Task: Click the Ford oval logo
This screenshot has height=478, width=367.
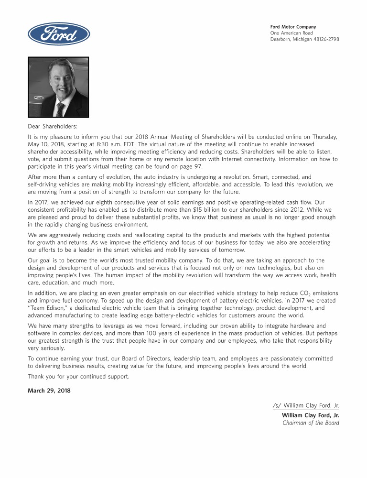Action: point(59,34)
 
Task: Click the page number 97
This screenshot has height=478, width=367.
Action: point(196,166)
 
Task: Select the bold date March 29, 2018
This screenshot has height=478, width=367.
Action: point(49,391)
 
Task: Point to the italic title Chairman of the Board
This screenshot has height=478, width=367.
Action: point(311,423)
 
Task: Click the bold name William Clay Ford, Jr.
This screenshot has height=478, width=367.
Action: point(311,415)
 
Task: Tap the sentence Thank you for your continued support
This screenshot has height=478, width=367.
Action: point(79,376)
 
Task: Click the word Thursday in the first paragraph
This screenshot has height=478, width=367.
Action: point(324,136)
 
